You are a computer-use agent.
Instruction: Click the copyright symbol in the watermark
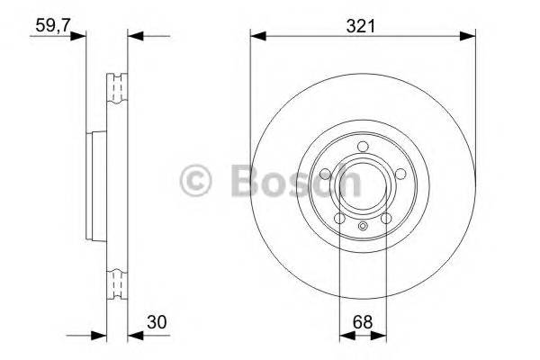click(x=198, y=180)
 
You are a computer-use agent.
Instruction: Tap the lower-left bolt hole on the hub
click(x=340, y=218)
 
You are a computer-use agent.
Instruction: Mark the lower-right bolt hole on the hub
click(x=384, y=218)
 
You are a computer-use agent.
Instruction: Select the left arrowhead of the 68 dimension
click(x=344, y=337)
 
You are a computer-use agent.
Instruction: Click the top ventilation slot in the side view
click(x=115, y=87)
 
